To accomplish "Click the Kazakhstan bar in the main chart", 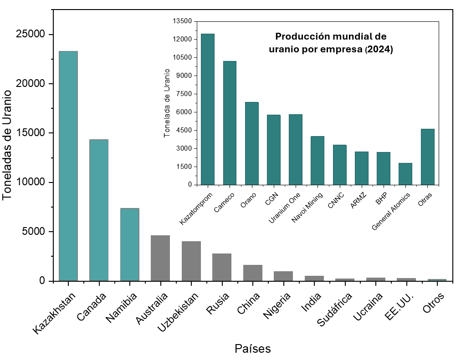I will pos(68,166).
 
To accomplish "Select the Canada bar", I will pos(99,210).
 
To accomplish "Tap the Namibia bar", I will pos(129,244).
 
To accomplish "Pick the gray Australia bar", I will pos(160,258).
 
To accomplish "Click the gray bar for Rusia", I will pos(222,267).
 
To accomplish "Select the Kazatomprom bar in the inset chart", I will pos(208,109).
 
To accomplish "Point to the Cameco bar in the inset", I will pos(230,123).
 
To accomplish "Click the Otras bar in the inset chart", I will pos(427,157).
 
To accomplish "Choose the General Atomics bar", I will pos(405,174).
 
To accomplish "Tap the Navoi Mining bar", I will pos(318,161).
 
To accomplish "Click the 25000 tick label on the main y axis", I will pos(30,35).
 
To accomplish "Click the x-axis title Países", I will pos(252,349).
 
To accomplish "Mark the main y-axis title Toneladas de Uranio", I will pos(7,145).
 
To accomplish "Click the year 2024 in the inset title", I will pos(380,50).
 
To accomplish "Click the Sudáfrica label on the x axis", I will pos(335,310).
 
